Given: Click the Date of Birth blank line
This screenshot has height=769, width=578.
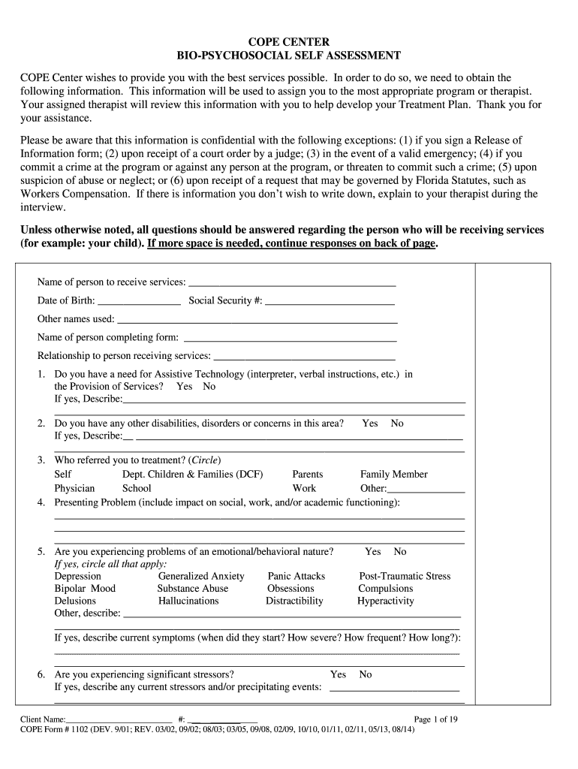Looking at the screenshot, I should (139, 303).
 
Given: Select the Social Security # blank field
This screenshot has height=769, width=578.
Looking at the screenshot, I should (330, 303).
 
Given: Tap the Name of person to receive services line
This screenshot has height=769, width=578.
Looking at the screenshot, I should (291, 284).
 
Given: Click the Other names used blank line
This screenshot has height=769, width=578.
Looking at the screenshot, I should (257, 321).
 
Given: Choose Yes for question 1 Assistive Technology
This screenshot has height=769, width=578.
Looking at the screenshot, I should (185, 386).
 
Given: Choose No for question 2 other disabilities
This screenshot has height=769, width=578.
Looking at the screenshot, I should (397, 424).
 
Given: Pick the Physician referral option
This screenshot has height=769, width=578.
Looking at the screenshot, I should (74, 488).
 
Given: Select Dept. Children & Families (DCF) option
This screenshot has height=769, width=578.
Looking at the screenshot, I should (192, 474).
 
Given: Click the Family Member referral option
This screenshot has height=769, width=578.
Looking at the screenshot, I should (393, 474).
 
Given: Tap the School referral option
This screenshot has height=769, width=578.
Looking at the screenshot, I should (137, 488).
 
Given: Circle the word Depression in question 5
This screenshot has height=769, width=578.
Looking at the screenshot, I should (77, 576).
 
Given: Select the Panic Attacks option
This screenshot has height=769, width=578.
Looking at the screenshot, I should (297, 576).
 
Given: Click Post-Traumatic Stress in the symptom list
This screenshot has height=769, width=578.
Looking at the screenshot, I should (405, 576).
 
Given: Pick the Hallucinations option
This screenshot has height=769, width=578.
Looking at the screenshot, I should (188, 601).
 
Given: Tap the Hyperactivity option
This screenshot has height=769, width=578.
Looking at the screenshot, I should (385, 601).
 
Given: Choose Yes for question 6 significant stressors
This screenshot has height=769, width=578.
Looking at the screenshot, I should (339, 674).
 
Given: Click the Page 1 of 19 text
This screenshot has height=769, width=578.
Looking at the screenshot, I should (436, 719).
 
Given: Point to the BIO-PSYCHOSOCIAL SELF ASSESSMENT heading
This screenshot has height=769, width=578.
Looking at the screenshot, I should (288, 56).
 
